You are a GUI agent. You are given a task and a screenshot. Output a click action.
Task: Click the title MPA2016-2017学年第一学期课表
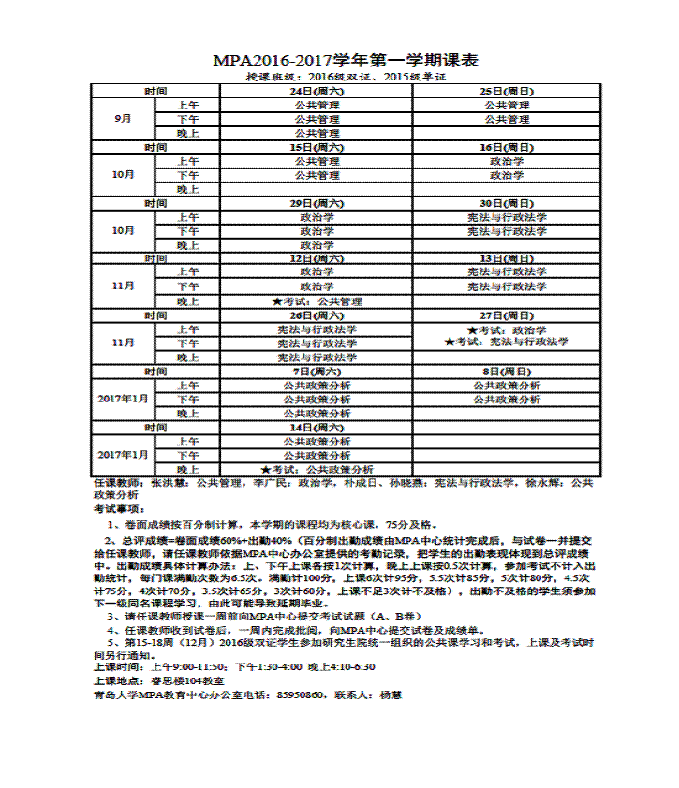[x=346, y=60]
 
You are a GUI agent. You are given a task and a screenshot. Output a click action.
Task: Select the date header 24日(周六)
[x=317, y=92]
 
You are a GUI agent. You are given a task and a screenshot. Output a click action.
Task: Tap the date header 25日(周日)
[x=507, y=92]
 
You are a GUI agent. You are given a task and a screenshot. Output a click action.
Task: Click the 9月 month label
[x=123, y=120]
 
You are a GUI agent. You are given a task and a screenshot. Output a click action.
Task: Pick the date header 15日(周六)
[x=317, y=148]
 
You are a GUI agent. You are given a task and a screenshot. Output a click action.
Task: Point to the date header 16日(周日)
[x=507, y=148]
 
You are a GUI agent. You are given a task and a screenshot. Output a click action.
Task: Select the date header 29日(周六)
[x=317, y=203]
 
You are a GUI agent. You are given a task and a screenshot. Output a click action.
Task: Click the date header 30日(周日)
[x=507, y=203]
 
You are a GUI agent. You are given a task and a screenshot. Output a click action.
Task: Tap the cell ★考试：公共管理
[x=317, y=301]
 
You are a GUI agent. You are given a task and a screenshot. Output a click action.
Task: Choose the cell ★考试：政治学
[x=507, y=330]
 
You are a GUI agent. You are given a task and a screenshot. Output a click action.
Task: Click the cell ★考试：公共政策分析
[x=317, y=469]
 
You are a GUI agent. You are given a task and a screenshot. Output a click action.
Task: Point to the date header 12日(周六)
[x=317, y=258]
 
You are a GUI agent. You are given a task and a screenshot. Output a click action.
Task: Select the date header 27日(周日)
[x=507, y=315]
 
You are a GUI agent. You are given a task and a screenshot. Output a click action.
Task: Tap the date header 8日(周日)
[x=507, y=372]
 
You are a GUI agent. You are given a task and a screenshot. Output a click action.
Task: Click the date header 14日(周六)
[x=317, y=427]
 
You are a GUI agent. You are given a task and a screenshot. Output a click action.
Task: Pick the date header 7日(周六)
[x=317, y=372]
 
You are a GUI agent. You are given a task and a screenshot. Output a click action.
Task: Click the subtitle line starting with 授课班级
[x=345, y=77]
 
